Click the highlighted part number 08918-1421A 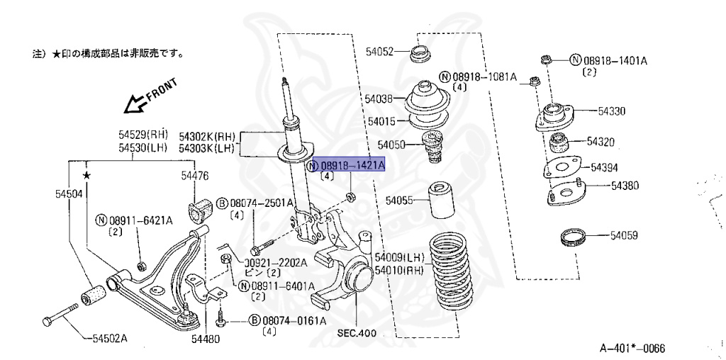(352, 166)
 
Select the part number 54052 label (379, 52)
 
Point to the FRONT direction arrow (147, 97)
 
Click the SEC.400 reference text (357, 333)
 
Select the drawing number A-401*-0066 (632, 348)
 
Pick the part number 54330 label (611, 111)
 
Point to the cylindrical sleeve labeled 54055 (439, 202)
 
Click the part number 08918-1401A (615, 60)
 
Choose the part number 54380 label (625, 186)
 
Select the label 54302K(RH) (206, 136)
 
